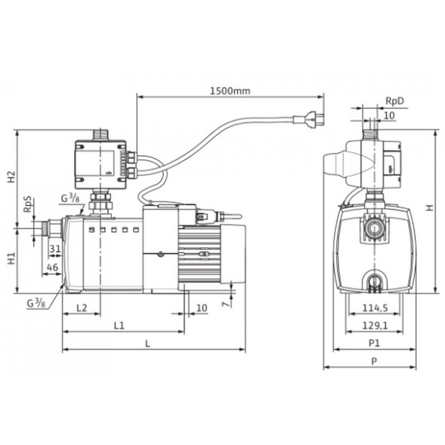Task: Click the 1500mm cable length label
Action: (x=230, y=91)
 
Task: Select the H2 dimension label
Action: (x=12, y=177)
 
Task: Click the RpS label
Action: (x=28, y=205)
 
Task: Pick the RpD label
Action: (x=394, y=101)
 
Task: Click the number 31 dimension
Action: (x=55, y=249)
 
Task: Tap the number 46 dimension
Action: (x=52, y=267)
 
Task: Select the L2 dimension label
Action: (x=82, y=308)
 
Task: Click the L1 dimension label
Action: (x=119, y=326)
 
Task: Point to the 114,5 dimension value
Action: (x=375, y=308)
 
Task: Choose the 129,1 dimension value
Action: (x=375, y=326)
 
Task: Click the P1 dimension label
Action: (x=374, y=344)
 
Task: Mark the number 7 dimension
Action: (x=226, y=304)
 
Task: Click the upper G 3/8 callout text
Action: (x=70, y=198)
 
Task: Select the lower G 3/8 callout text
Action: (x=36, y=303)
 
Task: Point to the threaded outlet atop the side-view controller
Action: (x=101, y=135)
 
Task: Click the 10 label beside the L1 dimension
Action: (x=202, y=308)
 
